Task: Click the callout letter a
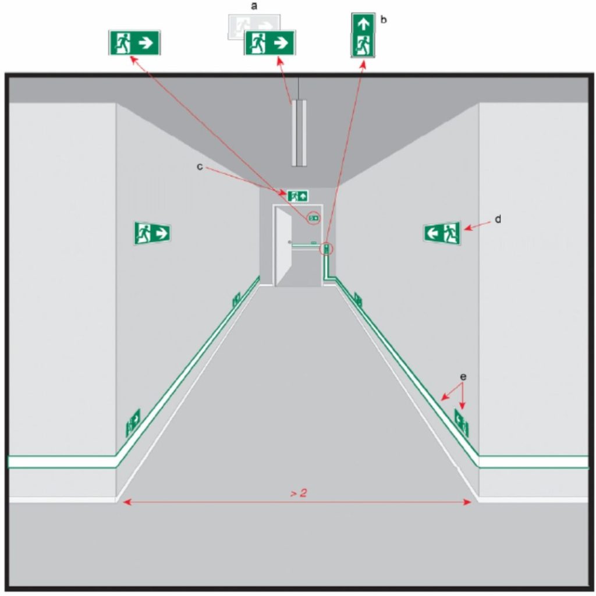254,6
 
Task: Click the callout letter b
384,19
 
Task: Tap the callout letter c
200,166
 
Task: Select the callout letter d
498,219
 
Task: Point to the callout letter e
463,377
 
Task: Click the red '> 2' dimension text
299,493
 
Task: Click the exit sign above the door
297,196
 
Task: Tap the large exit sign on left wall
152,233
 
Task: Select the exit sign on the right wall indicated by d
442,233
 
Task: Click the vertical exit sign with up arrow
363,35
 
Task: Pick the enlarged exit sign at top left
134,42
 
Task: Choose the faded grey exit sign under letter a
254,27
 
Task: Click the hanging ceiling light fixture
299,133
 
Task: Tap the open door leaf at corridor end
283,247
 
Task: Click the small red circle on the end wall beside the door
314,218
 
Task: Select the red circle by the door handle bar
327,249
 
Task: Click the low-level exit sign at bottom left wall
133,423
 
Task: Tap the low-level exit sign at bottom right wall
462,423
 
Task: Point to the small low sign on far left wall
236,300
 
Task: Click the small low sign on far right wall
358,300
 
